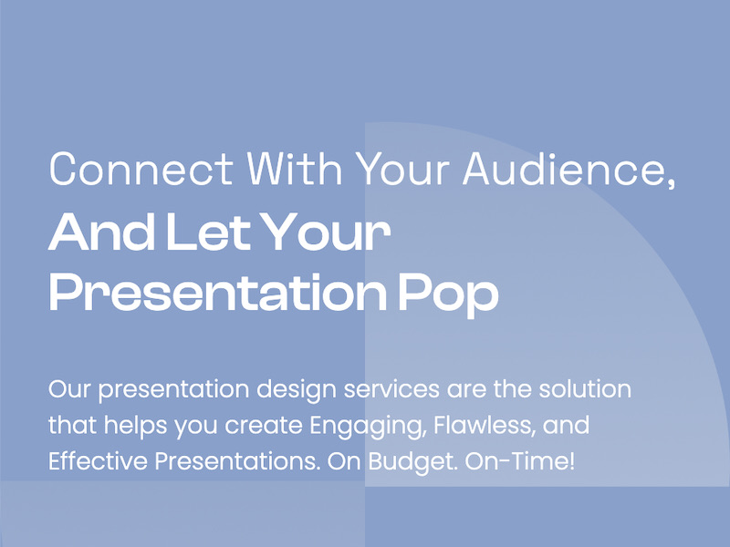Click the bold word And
click(101, 233)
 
